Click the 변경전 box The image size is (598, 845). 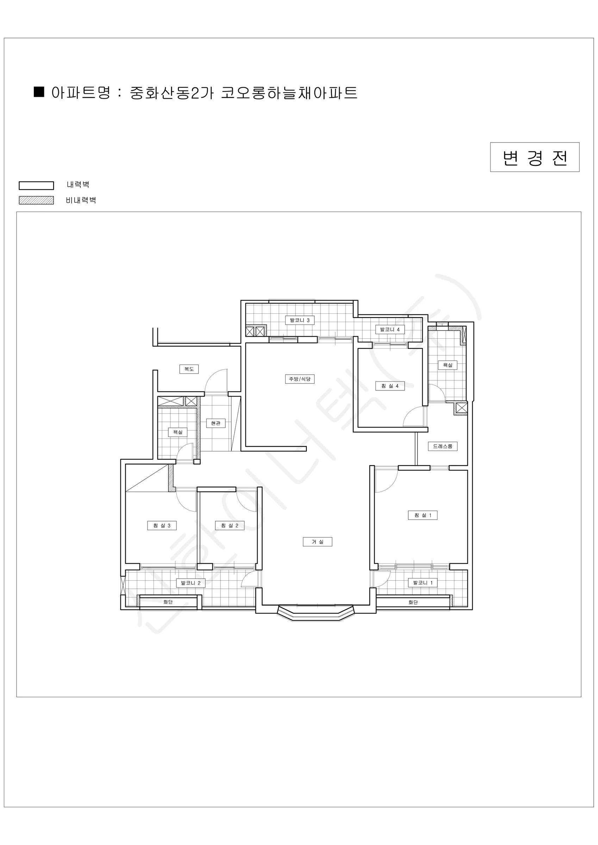pos(535,157)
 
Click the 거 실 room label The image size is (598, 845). pos(317,542)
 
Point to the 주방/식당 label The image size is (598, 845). pos(300,379)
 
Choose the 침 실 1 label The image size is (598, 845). pos(423,515)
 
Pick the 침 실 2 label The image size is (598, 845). pos(230,526)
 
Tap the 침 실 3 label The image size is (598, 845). pos(162,526)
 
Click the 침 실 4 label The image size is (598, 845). pos(390,386)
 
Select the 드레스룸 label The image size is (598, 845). pos(443,446)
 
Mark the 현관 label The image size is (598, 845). pos(216,423)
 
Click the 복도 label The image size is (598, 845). pos(189,369)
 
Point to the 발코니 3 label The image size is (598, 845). pos(300,320)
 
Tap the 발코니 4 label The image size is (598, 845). pos(390,330)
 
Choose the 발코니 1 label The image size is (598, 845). pos(423,583)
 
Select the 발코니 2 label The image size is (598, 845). pos(191,583)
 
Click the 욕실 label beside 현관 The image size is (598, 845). pos(178,432)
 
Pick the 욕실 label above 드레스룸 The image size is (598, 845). pos(448,365)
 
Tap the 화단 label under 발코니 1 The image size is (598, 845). pos(413,602)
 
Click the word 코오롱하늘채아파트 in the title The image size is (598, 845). pos(289,93)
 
